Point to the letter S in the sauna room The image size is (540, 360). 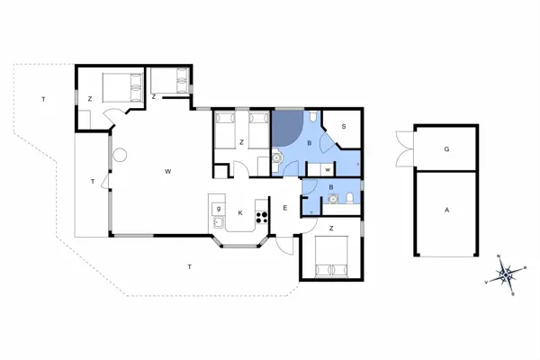(343, 127)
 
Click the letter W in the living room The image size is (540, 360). (167, 170)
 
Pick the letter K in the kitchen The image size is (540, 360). (240, 212)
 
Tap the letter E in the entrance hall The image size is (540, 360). (284, 209)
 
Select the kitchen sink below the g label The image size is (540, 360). (219, 221)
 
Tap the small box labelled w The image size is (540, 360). (327, 168)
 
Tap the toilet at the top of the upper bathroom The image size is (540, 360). (310, 118)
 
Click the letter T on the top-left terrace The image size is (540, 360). (42, 97)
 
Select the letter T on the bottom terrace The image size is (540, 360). (189, 266)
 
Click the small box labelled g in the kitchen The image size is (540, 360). (219, 207)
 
